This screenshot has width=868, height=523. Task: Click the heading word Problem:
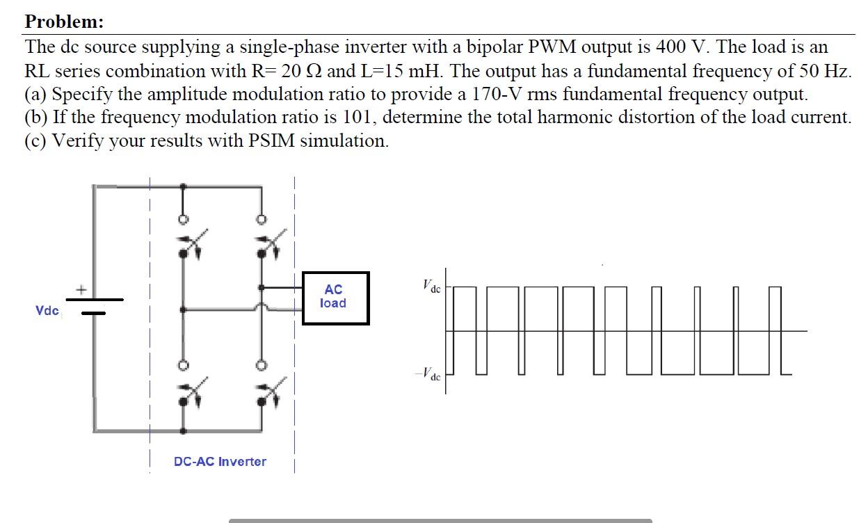click(x=64, y=22)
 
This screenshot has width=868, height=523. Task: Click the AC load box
click(x=335, y=298)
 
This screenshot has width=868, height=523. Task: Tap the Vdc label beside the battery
click(x=47, y=310)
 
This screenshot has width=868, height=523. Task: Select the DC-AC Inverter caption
click(x=220, y=461)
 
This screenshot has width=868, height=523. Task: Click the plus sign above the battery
click(x=81, y=288)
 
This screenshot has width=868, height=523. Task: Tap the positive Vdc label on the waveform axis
click(x=431, y=286)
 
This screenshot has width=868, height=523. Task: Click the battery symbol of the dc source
click(x=95, y=306)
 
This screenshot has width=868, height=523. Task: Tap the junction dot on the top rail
click(x=183, y=186)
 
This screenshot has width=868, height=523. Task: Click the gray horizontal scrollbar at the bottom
click(x=440, y=520)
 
